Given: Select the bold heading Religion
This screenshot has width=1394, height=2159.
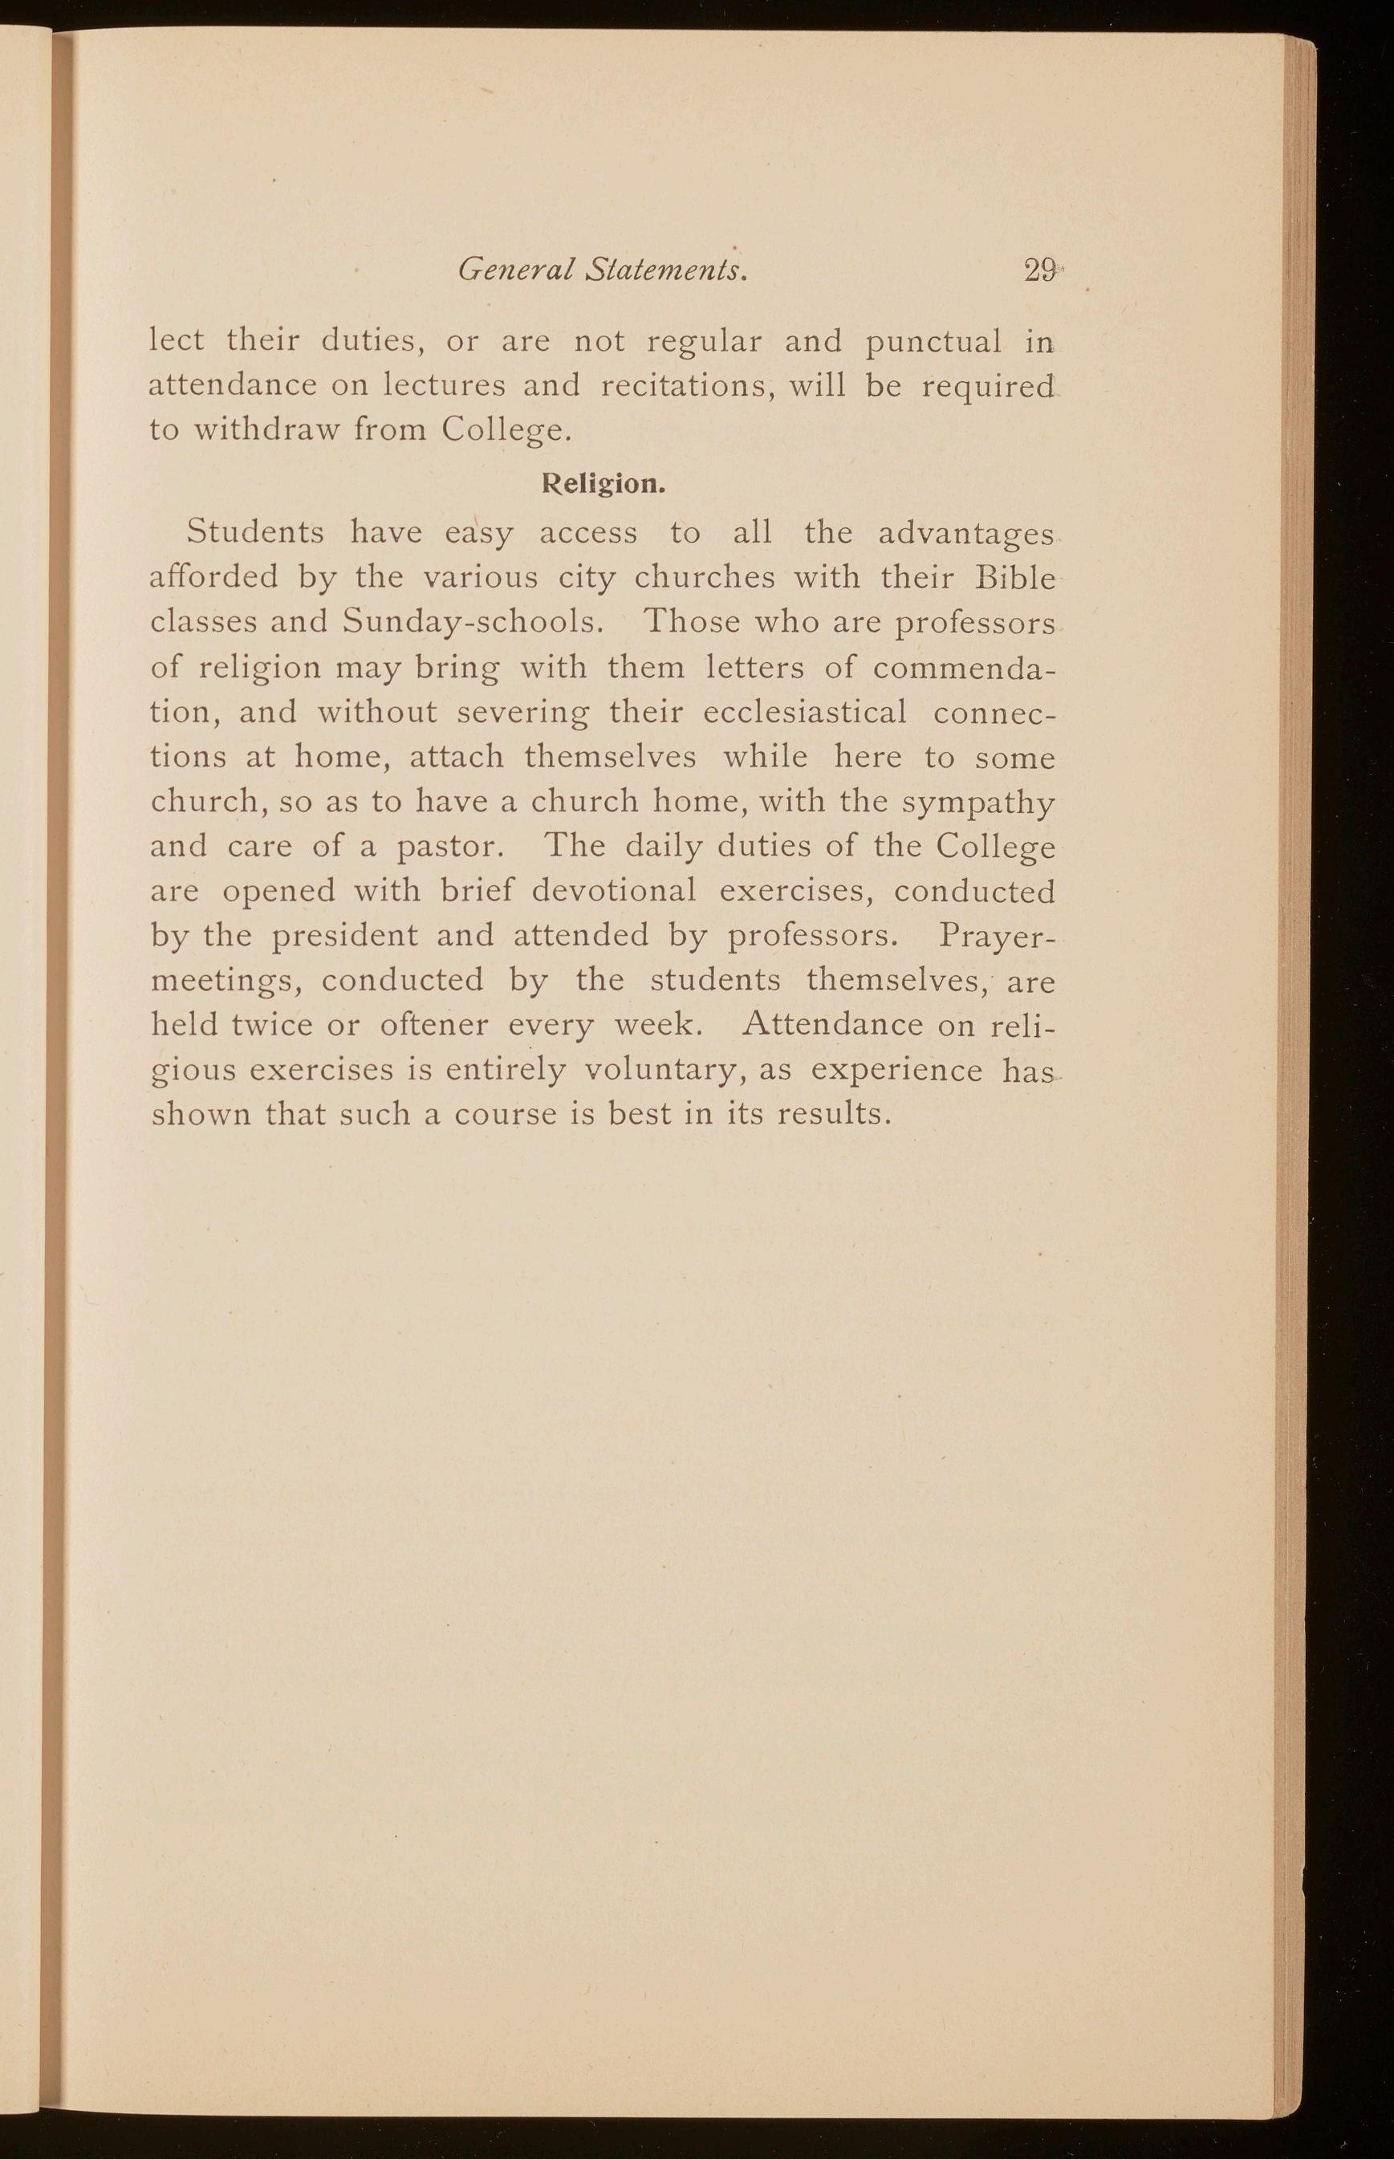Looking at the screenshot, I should (x=603, y=484).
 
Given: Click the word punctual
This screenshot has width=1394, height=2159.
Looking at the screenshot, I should (x=933, y=342).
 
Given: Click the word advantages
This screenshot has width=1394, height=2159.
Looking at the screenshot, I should (x=965, y=534).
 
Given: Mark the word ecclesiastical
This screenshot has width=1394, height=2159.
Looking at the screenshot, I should (x=805, y=712).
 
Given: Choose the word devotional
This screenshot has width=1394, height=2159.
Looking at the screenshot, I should (x=614, y=891).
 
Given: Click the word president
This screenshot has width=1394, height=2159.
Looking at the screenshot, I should (x=345, y=935).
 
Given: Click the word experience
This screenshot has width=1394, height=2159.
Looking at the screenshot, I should (x=896, y=1070).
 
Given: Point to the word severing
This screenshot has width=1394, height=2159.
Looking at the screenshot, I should (x=522, y=713).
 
